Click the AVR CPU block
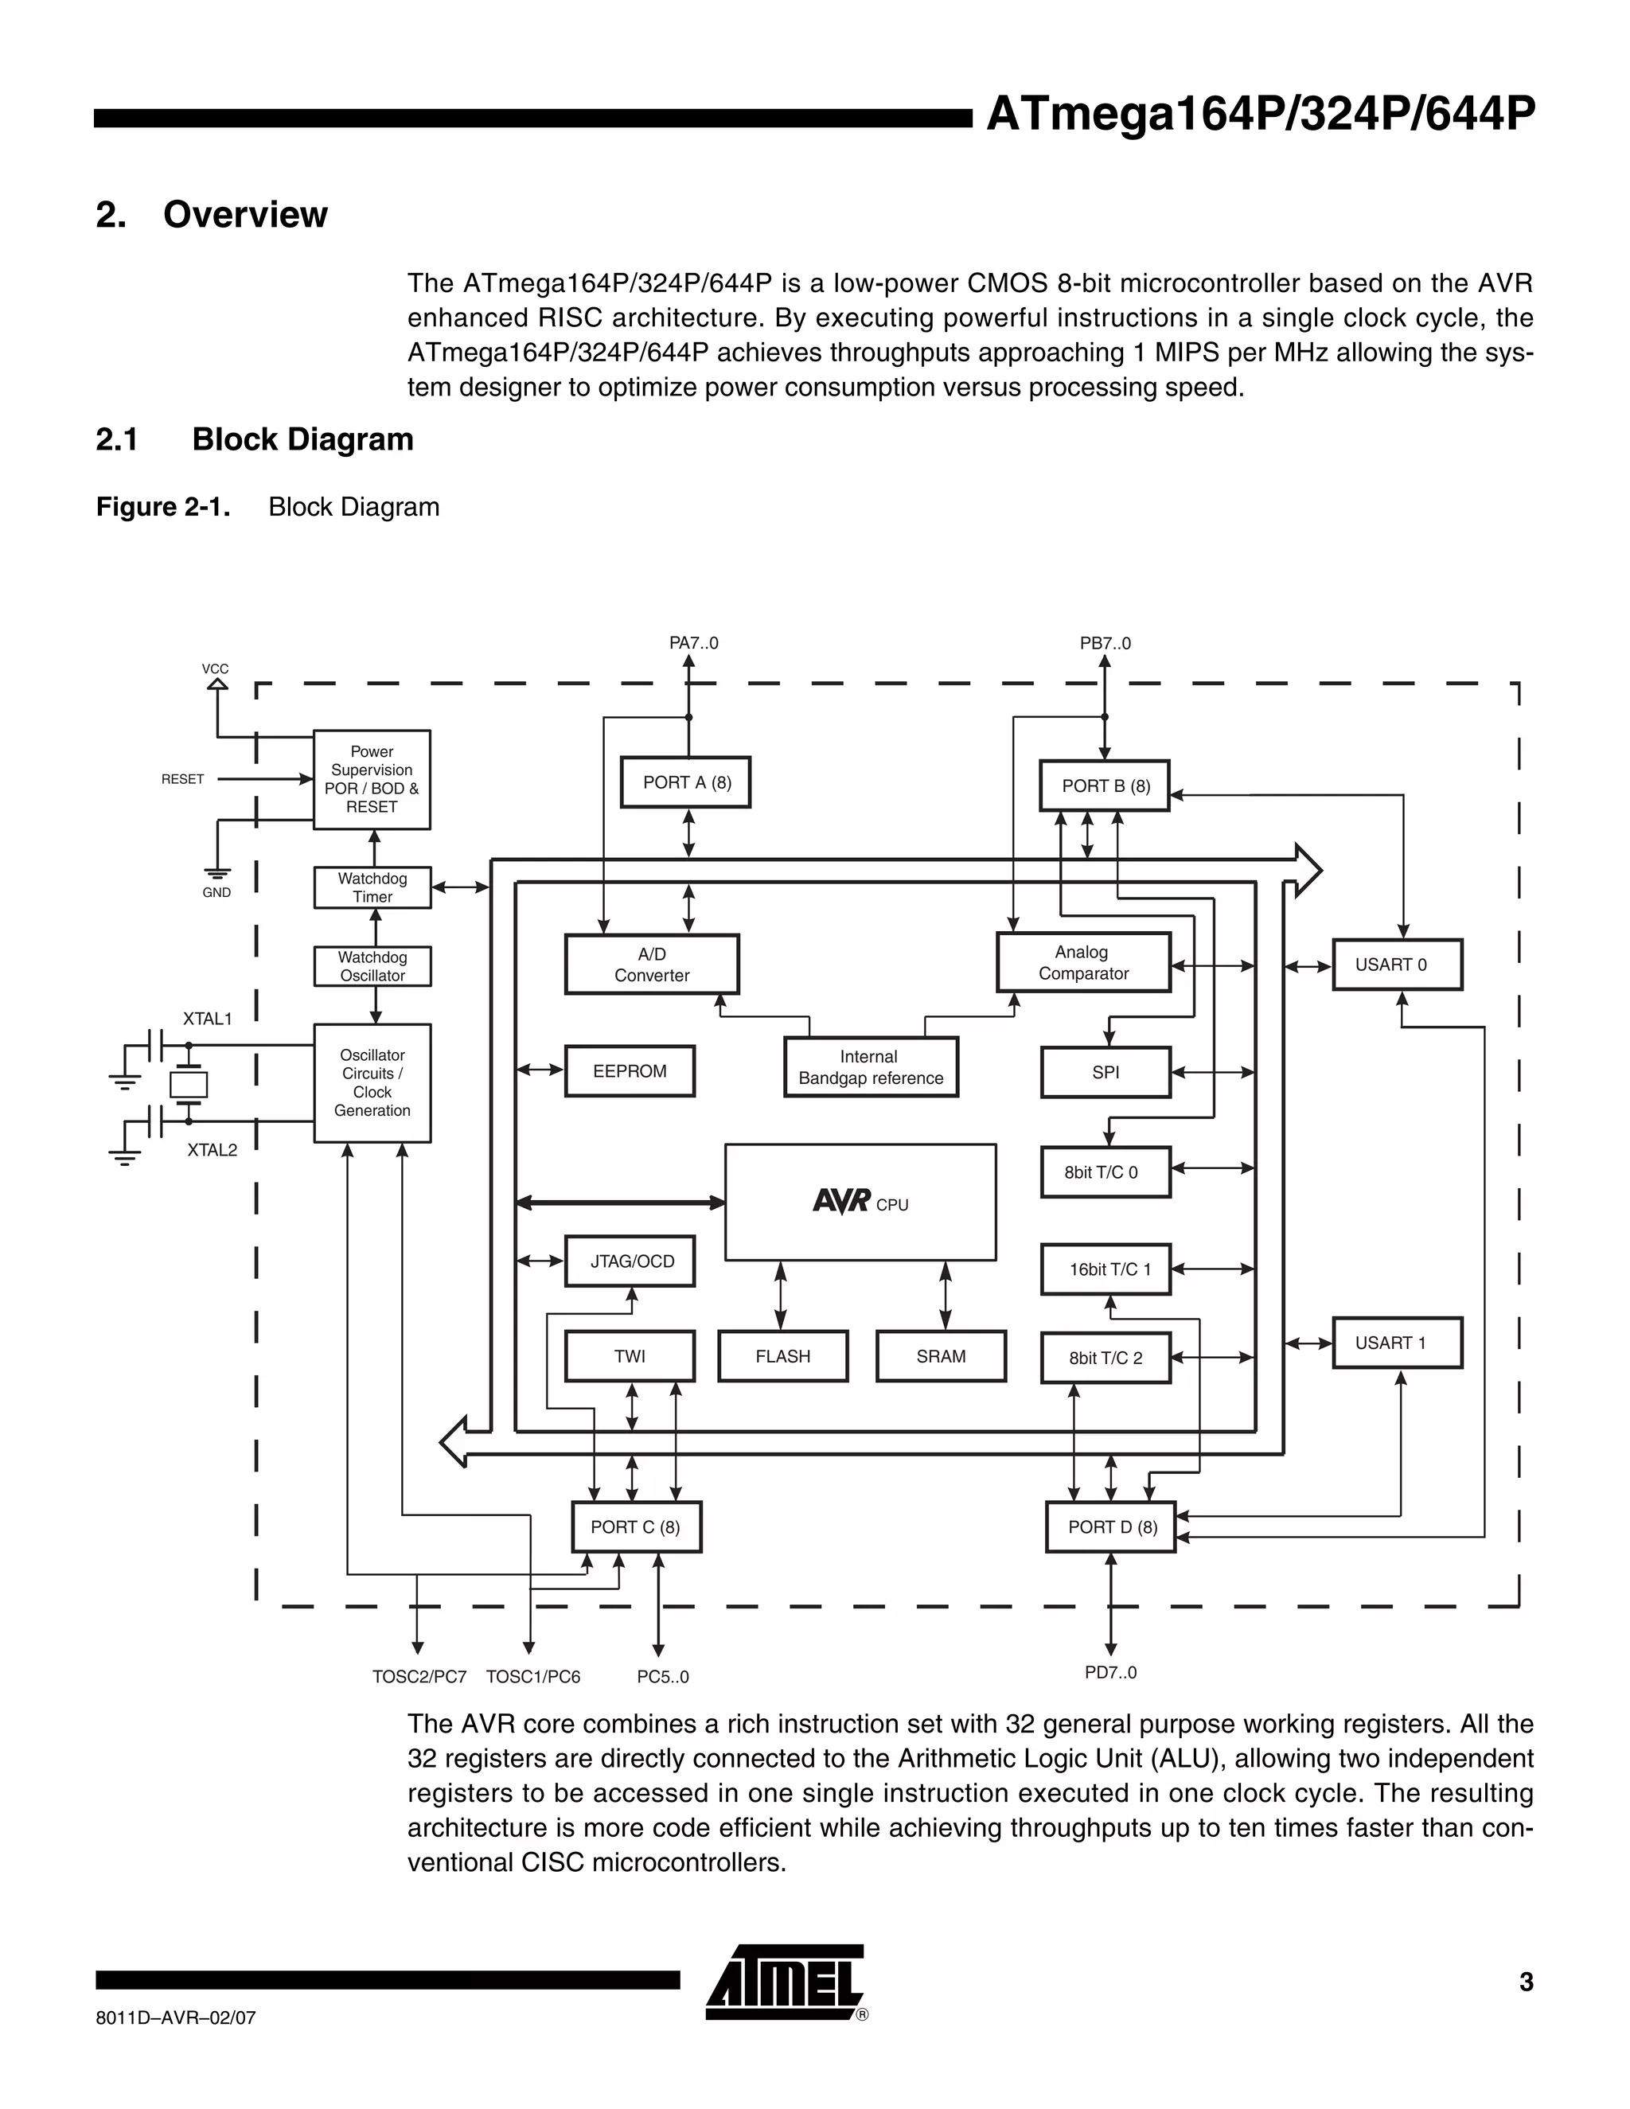point(860,1203)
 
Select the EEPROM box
point(630,1071)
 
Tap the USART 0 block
point(1396,965)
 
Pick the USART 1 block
point(1396,1343)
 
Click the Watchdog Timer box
point(372,887)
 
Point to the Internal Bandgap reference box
point(870,1067)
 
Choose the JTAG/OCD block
point(630,1261)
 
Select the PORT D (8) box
point(1110,1526)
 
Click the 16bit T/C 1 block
point(1106,1269)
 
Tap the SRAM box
point(941,1356)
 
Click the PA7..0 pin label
point(693,643)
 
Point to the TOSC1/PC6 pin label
point(533,1676)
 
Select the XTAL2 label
point(212,1149)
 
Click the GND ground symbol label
point(216,892)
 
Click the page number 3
point(1526,1982)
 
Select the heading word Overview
point(245,214)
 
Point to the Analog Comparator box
point(1082,963)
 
